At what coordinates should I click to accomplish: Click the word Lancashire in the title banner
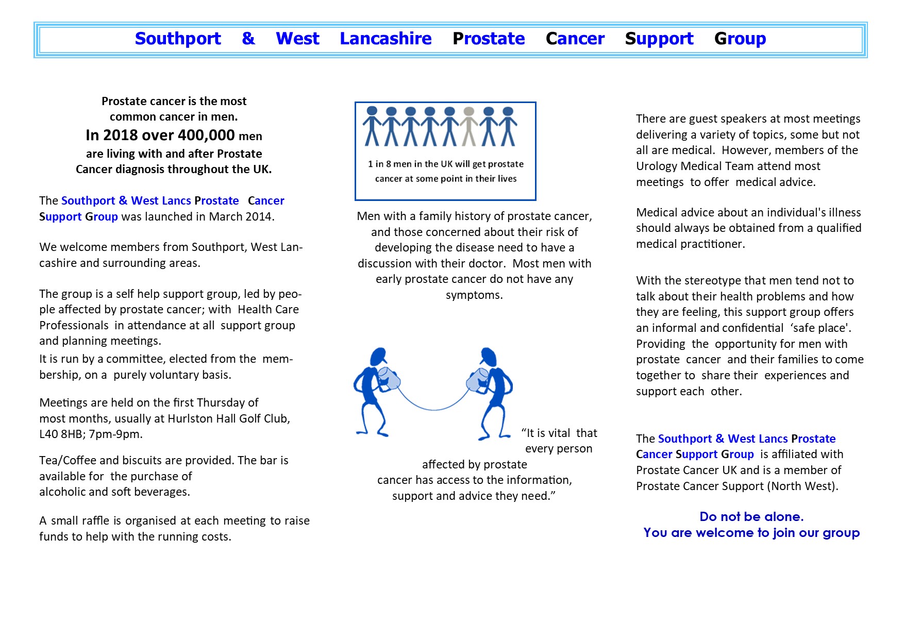(x=386, y=39)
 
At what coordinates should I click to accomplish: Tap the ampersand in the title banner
(x=248, y=39)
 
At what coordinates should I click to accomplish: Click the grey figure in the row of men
(x=469, y=126)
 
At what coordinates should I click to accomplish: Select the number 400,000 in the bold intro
(x=206, y=135)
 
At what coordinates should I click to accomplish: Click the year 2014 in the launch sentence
(x=260, y=216)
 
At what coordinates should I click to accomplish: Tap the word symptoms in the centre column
(x=474, y=295)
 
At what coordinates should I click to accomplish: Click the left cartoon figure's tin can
(x=389, y=379)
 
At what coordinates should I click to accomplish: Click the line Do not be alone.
(x=751, y=517)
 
